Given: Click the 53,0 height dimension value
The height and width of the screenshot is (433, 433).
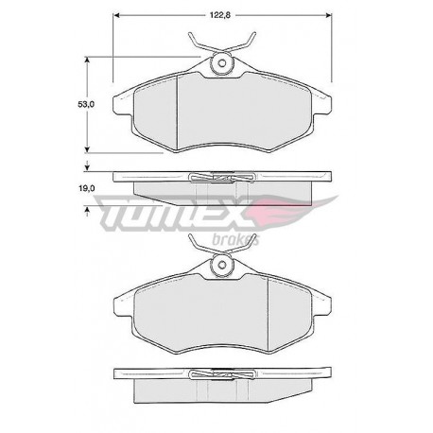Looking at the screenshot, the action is (86, 104).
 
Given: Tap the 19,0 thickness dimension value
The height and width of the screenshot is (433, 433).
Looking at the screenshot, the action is (86, 188).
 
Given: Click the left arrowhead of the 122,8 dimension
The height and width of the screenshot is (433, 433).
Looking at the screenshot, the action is (116, 15).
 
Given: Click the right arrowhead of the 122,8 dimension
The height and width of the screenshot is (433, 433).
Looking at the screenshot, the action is (329, 15).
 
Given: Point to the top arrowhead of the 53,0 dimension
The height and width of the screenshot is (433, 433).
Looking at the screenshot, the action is (87, 60).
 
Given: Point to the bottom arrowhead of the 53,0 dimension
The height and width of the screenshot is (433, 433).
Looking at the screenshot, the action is (87, 150).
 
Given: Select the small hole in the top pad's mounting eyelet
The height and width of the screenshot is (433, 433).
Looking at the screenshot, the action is (222, 63).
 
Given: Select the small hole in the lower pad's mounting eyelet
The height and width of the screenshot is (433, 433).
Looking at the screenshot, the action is (222, 265).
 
